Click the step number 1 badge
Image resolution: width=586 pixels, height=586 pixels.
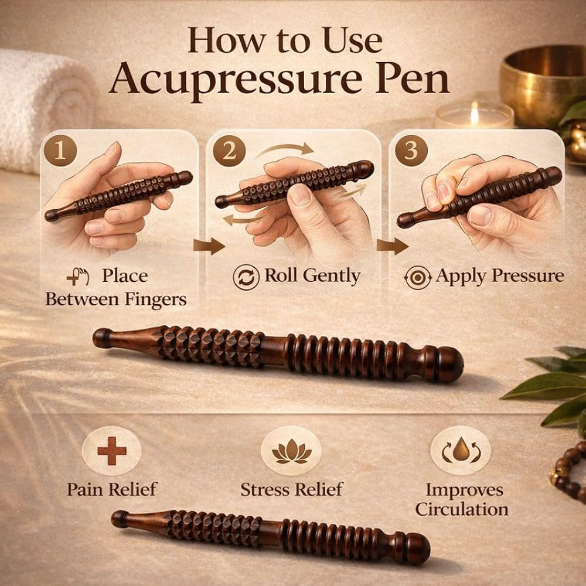[x=60, y=151]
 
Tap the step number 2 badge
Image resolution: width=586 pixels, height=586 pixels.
[x=229, y=151]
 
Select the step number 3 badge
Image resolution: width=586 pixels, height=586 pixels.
[x=411, y=151]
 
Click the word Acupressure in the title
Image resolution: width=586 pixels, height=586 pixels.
[x=236, y=80]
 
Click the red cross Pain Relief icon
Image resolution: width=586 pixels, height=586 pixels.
[x=112, y=451]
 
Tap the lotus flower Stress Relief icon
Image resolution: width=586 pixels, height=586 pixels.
[x=291, y=451]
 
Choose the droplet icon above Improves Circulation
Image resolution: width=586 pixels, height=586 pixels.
[x=461, y=450]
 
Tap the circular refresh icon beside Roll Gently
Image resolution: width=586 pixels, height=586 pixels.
[x=246, y=277]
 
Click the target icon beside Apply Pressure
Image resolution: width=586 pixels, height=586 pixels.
[x=417, y=278]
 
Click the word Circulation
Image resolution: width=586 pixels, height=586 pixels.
[x=462, y=509]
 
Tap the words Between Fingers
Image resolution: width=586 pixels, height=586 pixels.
[x=116, y=299]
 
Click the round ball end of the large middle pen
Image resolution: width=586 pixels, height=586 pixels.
[x=449, y=364]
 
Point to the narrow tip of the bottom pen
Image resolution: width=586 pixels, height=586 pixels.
[x=120, y=519]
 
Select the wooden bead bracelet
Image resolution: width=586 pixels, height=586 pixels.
[x=570, y=471]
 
